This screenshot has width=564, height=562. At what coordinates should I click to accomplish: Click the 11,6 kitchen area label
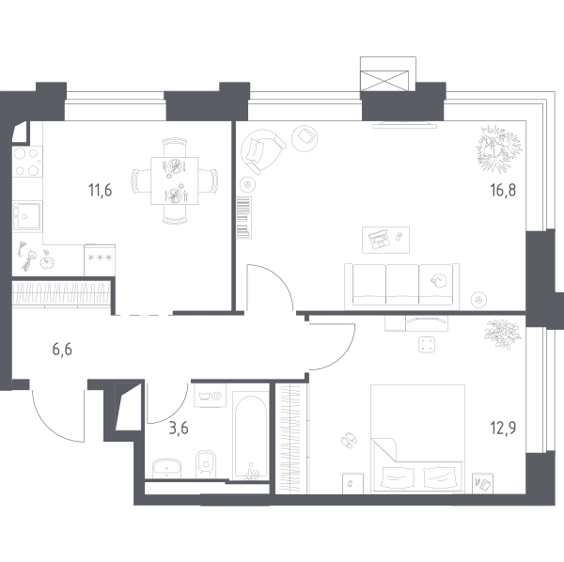pyautogui.click(x=100, y=190)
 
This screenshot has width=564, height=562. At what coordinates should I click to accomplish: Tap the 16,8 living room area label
pyautogui.click(x=503, y=190)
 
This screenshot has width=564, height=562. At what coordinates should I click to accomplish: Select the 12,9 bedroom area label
pyautogui.click(x=503, y=428)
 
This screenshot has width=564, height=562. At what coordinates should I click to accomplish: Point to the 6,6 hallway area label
pyautogui.click(x=62, y=350)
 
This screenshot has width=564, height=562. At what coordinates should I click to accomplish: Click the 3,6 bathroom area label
pyautogui.click(x=179, y=429)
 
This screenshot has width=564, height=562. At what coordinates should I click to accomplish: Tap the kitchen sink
pyautogui.click(x=27, y=216)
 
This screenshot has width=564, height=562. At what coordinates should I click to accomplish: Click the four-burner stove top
pyautogui.click(x=27, y=162)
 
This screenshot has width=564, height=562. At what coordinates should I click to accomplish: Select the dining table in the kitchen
pyautogui.click(x=175, y=180)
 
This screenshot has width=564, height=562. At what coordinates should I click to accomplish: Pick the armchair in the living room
pyautogui.click(x=262, y=151)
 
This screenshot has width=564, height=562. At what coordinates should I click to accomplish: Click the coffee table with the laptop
pyautogui.click(x=385, y=240)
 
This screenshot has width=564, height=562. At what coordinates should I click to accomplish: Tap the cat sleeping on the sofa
pyautogui.click(x=438, y=280)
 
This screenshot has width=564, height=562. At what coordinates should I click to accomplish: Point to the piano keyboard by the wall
pyautogui.click(x=243, y=217)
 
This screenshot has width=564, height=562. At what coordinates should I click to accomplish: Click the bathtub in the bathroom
pyautogui.click(x=251, y=436)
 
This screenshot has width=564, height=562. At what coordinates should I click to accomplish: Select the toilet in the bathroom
pyautogui.click(x=205, y=464)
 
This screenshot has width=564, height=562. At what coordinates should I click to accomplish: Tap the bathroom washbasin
pyautogui.click(x=167, y=468)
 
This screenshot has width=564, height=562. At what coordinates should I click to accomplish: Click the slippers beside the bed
pyautogui.click(x=348, y=439)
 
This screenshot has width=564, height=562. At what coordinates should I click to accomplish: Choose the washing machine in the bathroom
pyautogui.click(x=210, y=396)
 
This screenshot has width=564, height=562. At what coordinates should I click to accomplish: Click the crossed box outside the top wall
pyautogui.click(x=384, y=81)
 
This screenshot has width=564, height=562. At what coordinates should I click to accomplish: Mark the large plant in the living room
pyautogui.click(x=498, y=148)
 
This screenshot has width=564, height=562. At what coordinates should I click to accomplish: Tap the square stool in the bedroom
pyautogui.click(x=428, y=345)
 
